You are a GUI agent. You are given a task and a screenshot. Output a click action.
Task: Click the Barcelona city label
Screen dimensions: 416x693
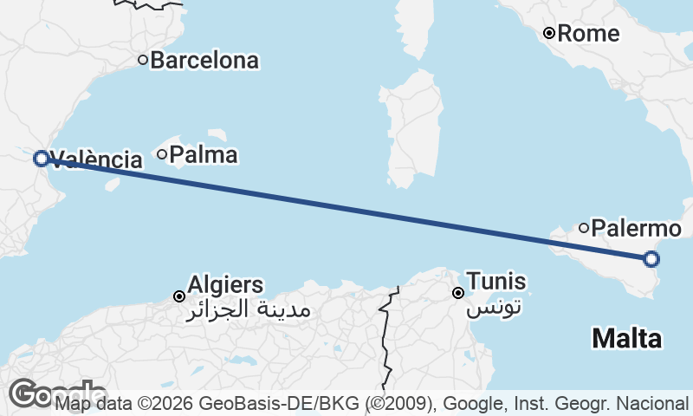(x=204, y=61)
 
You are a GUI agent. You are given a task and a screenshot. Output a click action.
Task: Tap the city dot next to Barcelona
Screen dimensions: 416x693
(x=143, y=60)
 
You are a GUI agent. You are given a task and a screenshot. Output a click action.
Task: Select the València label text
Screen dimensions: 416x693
(x=97, y=159)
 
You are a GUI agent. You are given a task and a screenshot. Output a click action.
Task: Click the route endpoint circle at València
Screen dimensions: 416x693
(x=40, y=158)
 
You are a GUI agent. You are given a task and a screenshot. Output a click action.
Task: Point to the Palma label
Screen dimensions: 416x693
(x=204, y=155)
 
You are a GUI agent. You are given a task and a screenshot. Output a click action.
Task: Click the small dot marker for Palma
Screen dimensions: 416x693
(x=162, y=154)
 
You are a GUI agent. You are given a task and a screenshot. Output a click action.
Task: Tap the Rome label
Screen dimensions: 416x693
(x=588, y=34)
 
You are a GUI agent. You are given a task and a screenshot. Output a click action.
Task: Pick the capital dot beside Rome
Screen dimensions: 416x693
(x=549, y=34)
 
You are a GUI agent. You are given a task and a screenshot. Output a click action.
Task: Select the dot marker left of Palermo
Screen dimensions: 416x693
(x=584, y=228)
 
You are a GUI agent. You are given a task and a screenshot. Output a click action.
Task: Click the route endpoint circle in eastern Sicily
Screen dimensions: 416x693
(x=651, y=258)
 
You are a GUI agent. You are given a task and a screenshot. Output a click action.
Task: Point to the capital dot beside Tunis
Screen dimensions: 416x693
(x=458, y=293)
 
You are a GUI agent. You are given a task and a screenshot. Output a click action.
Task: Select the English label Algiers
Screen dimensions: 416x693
(x=225, y=284)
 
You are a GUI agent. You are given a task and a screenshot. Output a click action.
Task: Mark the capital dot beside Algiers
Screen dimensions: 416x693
(x=179, y=296)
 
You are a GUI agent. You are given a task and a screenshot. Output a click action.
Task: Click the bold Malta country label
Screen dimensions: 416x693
(x=626, y=338)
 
